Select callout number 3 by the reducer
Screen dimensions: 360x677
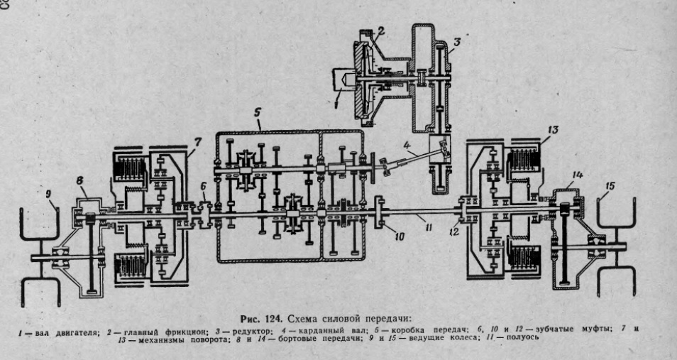tap(458, 42)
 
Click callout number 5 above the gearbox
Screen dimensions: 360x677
tap(259, 113)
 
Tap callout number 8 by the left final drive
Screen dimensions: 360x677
tap(80, 180)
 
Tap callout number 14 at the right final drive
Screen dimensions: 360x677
tap(578, 175)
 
